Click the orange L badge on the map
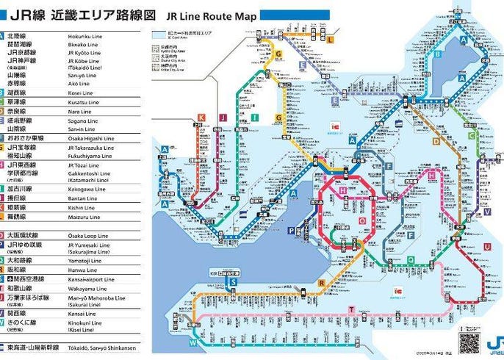coord(331,38)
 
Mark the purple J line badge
coord(229,117)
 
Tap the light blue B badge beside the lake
coord(437,54)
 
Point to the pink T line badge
coord(352,309)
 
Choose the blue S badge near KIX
coord(233,281)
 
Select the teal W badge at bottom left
coord(193,342)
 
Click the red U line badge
coord(486,247)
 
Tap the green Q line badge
coord(410,259)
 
